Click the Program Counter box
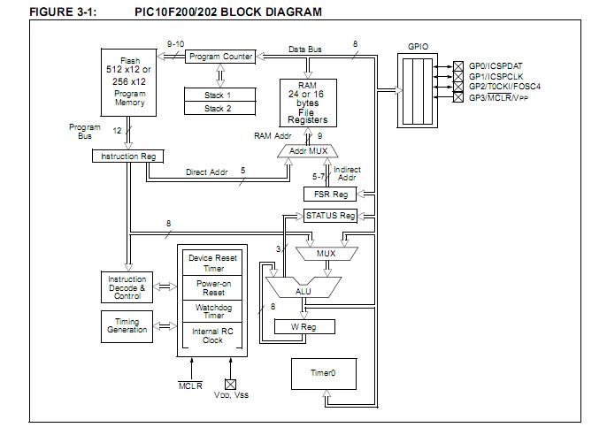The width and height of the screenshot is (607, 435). click(x=220, y=57)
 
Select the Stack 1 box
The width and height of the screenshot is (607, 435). click(x=217, y=95)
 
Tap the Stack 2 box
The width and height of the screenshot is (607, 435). click(x=217, y=108)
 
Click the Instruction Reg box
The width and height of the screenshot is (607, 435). click(x=127, y=156)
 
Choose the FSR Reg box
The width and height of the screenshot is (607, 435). click(x=330, y=195)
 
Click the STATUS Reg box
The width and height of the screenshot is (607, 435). click(x=330, y=215)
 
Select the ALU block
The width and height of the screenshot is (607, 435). click(x=302, y=288)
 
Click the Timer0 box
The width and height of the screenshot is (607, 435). click(x=322, y=373)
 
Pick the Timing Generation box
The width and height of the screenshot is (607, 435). click(x=127, y=326)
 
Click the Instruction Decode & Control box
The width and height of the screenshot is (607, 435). click(x=127, y=286)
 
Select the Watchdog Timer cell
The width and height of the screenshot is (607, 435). click(x=212, y=311)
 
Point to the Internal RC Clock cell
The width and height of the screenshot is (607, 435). click(x=212, y=336)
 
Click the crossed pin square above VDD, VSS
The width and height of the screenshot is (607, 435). click(x=230, y=384)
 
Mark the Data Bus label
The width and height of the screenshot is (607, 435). click(x=306, y=49)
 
